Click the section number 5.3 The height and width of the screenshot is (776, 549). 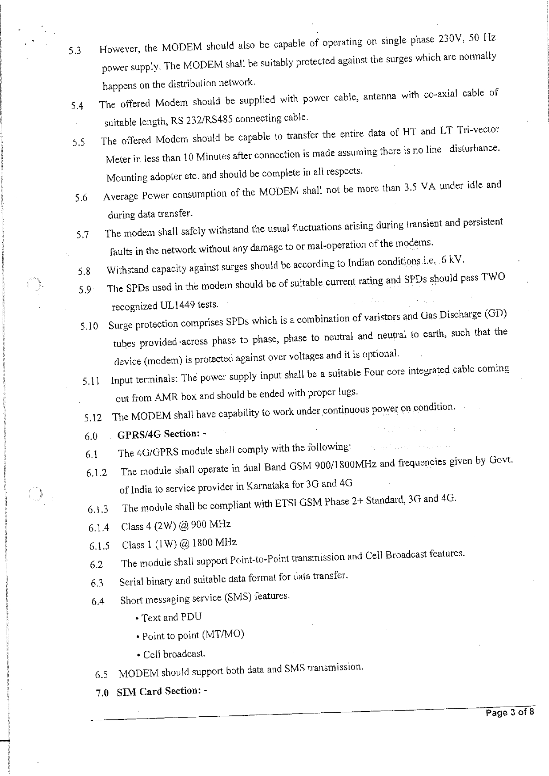74,50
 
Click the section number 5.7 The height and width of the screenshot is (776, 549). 82,235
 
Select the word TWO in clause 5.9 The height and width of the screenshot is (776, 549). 492,277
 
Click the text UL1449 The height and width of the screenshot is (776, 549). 177,306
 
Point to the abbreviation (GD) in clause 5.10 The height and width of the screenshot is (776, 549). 495,314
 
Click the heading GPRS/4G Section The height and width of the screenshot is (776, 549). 158,434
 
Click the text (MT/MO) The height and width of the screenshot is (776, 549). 223,635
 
